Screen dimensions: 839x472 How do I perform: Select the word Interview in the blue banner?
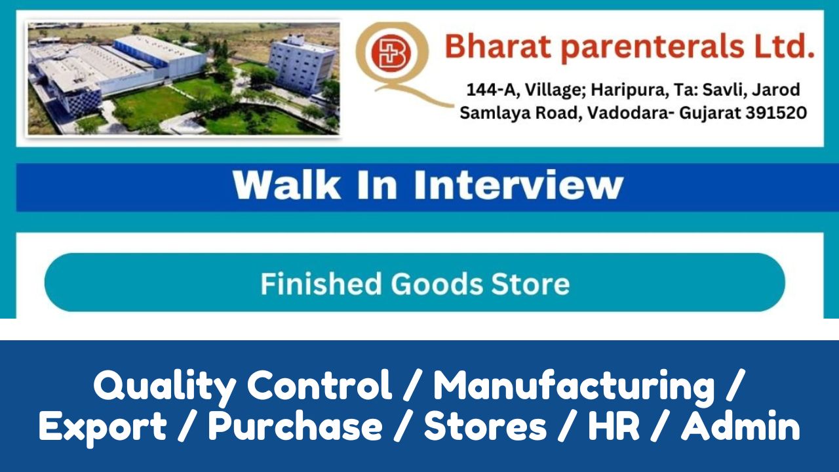pos(518,185)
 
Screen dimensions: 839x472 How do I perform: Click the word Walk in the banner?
pos(287,185)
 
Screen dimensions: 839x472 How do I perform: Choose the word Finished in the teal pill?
pos(321,284)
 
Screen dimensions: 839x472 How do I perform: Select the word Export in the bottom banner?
pos(103,427)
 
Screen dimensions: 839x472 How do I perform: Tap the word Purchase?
pos(295,425)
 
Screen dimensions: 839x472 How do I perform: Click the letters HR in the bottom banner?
pos(613,425)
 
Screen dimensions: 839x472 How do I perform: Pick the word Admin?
pos(741,425)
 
